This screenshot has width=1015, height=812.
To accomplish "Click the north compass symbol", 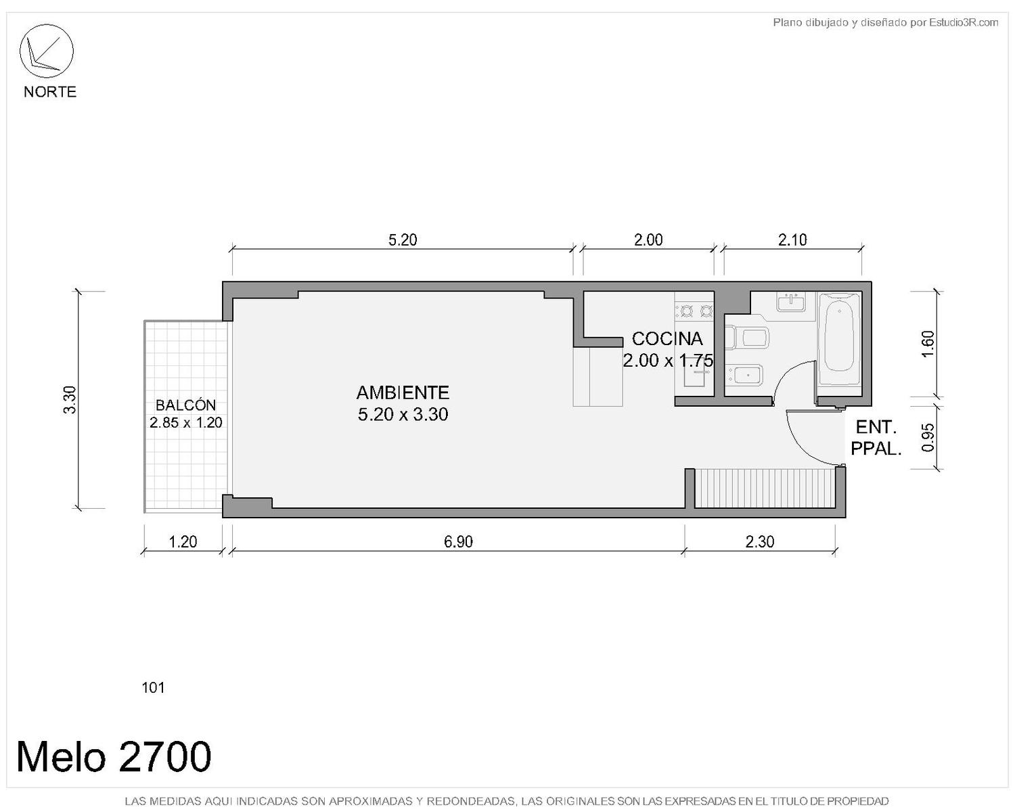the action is [x=46, y=51].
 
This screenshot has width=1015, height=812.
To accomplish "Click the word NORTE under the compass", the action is [x=50, y=92].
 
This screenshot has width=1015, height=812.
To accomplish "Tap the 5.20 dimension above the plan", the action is [x=403, y=240].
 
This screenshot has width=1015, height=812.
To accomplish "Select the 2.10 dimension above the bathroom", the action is [x=792, y=240].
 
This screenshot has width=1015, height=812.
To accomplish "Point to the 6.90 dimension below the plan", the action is [x=458, y=541].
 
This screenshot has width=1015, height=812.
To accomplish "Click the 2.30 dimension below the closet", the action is [x=759, y=541].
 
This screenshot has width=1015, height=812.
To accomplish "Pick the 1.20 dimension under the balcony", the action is [x=183, y=541].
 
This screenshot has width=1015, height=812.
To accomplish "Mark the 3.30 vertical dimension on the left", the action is [x=70, y=400].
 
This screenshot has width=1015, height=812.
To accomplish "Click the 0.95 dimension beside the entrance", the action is [x=927, y=437].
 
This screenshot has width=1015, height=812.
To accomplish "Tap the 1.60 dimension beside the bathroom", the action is [x=927, y=344].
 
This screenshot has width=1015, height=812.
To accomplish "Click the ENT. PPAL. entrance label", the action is [x=876, y=438].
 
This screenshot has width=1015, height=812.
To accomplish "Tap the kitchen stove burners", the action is [x=694, y=311].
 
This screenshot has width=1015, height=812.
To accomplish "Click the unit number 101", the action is [x=153, y=688].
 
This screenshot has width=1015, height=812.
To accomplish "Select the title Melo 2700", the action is [x=113, y=757].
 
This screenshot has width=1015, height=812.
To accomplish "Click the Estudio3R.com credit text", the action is [x=885, y=22].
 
